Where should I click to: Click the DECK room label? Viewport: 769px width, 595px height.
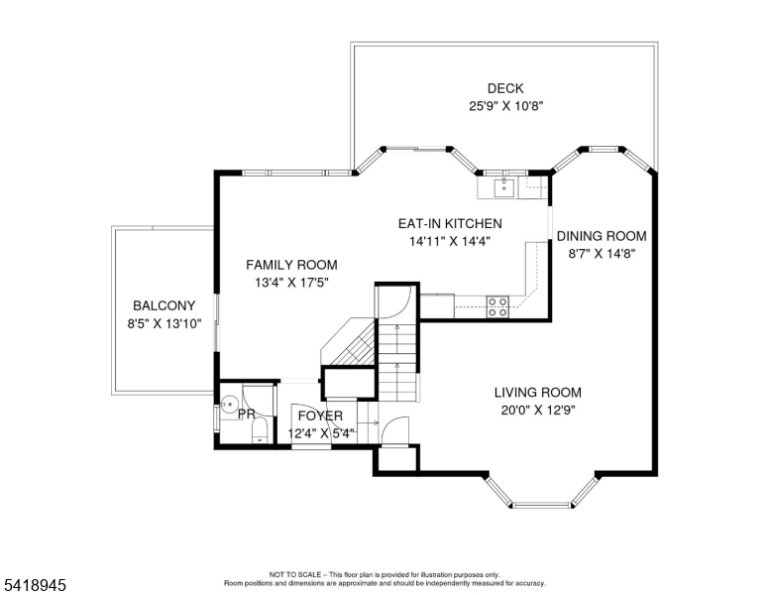(x=504, y=88)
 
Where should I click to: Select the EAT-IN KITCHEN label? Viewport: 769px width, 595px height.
(x=436, y=223)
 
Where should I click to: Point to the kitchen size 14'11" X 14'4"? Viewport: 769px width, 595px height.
(x=436, y=240)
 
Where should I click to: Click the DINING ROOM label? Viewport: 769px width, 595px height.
(x=601, y=236)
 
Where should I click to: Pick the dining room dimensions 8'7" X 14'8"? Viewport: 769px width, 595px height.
(x=601, y=253)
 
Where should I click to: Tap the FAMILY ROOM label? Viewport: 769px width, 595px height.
(x=291, y=265)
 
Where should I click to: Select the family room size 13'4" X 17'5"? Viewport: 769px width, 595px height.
(x=291, y=283)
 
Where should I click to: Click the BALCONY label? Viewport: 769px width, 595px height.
(x=164, y=305)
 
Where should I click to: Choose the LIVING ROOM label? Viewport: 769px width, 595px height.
(x=538, y=392)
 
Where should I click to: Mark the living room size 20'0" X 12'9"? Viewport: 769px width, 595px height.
(x=538, y=409)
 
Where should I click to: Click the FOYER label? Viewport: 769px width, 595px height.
(x=320, y=416)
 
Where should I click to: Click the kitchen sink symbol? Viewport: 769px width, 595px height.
(x=501, y=185)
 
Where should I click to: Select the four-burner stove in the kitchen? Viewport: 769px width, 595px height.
(x=497, y=307)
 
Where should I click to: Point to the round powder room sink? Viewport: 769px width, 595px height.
(x=229, y=405)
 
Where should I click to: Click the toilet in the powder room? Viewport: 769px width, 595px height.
(x=260, y=430)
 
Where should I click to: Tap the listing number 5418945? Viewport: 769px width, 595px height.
(x=35, y=585)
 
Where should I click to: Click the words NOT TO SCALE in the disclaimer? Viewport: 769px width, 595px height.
(x=292, y=575)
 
